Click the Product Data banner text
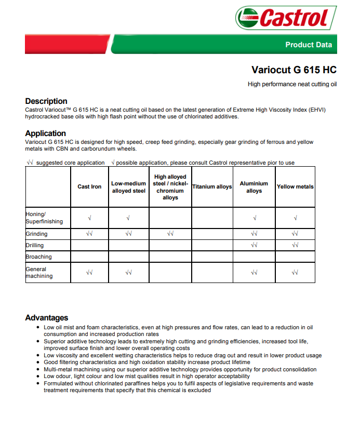click(308, 45)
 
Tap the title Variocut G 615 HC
click(294, 70)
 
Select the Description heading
click(46, 101)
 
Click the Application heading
click(46, 133)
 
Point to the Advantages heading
click(47, 317)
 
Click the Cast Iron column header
click(89, 187)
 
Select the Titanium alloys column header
click(212, 187)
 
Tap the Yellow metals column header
click(295, 187)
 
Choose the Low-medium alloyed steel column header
click(128, 187)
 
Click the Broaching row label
click(39, 257)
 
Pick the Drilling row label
click(35, 245)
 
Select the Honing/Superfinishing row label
click(44, 218)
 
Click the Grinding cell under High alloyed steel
click(170, 234)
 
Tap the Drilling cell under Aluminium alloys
click(254, 245)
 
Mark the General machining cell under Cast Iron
click(89, 272)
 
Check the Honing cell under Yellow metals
click(295, 218)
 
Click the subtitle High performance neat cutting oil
click(292, 84)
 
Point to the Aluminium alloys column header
click(254, 187)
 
